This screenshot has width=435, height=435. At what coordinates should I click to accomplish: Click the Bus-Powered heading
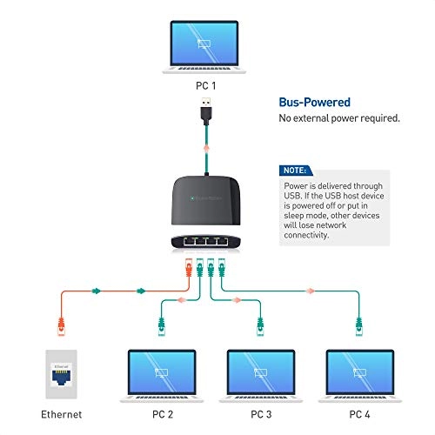coord(315,101)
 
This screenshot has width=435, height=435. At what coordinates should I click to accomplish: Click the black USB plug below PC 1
coord(205,111)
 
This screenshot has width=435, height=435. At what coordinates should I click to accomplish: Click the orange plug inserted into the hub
coord(187,265)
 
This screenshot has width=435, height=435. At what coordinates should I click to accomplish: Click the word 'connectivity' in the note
coord(311,235)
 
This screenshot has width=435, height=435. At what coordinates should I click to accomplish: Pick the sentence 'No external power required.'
coord(338,118)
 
